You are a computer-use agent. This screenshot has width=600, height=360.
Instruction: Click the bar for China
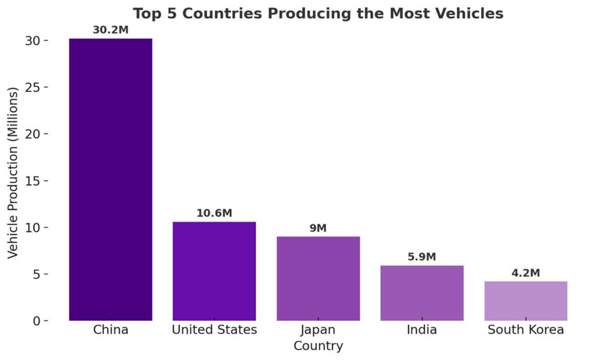coord(110,179)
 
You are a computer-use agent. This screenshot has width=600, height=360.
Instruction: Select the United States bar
coord(214,271)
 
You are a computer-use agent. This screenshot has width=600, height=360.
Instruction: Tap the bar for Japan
coord(318,279)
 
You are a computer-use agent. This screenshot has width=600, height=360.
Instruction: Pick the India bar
coord(422,293)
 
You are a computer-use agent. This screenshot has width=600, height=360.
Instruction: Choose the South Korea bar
coord(526,301)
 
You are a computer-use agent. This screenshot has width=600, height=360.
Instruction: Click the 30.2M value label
coord(110,29)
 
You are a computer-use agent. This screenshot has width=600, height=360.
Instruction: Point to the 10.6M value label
coord(214,213)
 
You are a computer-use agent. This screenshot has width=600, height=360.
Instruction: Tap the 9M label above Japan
coord(318,228)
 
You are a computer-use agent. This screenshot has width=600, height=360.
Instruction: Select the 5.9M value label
coord(422,257)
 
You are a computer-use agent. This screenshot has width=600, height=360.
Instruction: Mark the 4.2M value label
coord(526,273)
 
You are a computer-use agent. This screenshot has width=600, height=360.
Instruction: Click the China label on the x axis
coord(110,330)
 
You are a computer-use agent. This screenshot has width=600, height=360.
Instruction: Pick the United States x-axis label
coord(214,330)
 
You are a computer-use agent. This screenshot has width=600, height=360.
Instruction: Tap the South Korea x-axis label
coord(526,330)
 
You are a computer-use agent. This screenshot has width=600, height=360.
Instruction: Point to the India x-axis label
coord(422,330)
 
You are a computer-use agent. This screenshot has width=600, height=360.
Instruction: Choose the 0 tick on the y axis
coord(36,321)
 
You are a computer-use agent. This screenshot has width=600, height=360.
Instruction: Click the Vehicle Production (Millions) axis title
coord(13,172)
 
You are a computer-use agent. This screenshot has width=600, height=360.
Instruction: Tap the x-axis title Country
coord(318,346)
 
